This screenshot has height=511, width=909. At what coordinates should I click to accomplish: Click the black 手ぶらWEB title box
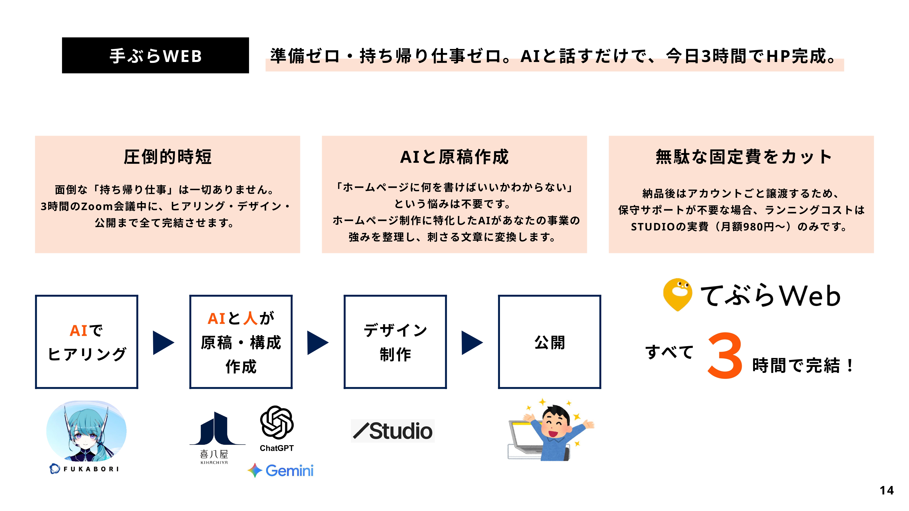(155, 55)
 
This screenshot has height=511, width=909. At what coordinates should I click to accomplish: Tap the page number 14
(887, 490)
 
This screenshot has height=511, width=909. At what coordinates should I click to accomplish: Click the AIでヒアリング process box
(86, 342)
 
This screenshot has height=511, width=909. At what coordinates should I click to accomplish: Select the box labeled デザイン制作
(395, 342)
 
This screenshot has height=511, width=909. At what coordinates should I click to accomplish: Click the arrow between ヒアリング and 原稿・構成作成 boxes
(163, 342)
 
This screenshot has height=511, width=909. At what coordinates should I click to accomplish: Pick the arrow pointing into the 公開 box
(472, 342)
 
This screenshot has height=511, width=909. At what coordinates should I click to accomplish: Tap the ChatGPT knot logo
(277, 422)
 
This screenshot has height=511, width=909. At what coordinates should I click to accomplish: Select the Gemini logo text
(289, 470)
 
